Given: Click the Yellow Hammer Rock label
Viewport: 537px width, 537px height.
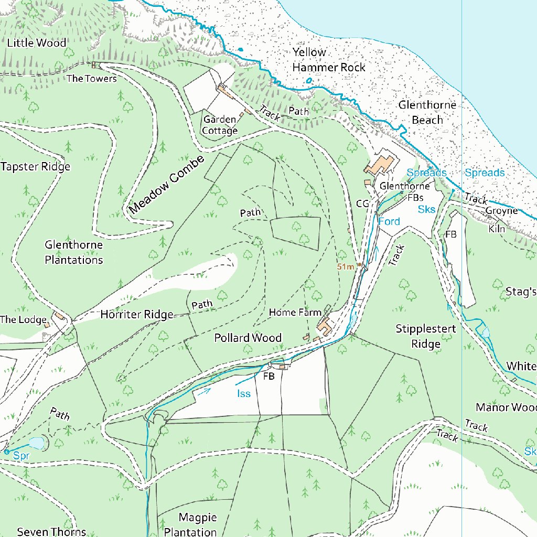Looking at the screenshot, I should (x=328, y=60).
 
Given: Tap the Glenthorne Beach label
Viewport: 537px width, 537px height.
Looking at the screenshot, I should (x=427, y=112).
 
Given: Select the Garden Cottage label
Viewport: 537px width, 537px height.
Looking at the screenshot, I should (x=220, y=125).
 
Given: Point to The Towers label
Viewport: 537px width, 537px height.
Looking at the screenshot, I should (x=92, y=79).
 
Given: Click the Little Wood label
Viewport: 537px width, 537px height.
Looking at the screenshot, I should (x=37, y=43).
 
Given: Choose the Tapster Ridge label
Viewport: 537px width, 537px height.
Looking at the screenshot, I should (x=35, y=167).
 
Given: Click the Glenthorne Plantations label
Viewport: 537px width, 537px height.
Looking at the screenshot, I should (x=73, y=252).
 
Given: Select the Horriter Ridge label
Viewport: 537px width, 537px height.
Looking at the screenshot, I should (x=136, y=315).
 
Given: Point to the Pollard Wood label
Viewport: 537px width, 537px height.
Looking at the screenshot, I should (x=248, y=338).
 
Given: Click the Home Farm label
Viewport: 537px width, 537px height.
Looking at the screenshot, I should (x=295, y=313).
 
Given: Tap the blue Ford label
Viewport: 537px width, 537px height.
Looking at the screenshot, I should (x=389, y=221).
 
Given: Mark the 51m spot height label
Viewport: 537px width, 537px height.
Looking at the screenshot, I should (x=346, y=267).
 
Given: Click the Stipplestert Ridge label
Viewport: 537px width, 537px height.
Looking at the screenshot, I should (x=425, y=336).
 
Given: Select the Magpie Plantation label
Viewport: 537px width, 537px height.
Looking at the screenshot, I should (x=190, y=524).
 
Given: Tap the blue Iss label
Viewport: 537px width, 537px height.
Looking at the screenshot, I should (x=244, y=394).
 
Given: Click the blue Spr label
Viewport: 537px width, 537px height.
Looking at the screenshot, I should (x=21, y=456).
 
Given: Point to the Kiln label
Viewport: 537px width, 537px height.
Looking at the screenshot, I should (x=497, y=229).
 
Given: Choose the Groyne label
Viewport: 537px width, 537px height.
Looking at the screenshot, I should (x=501, y=211).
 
